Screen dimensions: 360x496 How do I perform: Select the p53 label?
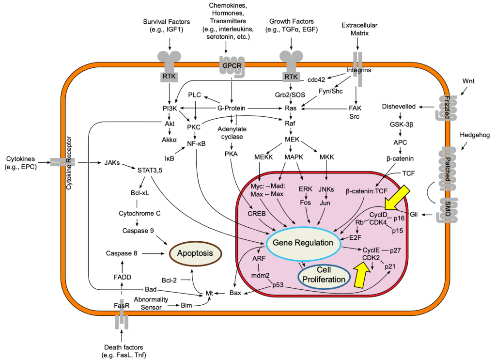278,285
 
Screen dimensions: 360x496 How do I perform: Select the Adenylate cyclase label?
231,133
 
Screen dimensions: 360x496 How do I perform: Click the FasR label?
122,305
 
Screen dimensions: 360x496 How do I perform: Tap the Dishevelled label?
399,106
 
